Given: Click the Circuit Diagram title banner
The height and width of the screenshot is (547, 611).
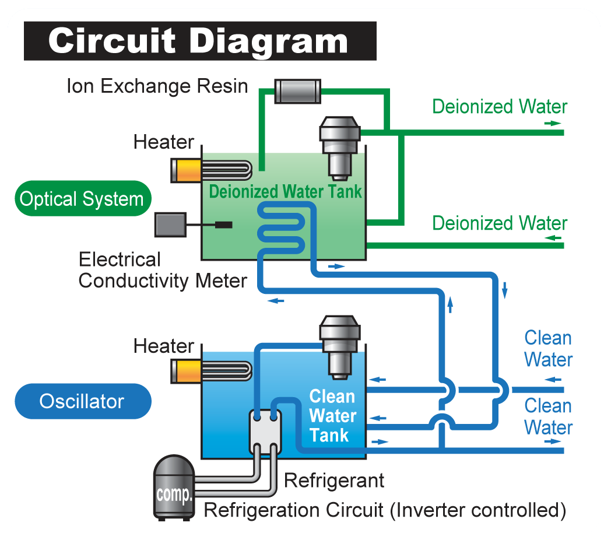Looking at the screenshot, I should click(200, 41).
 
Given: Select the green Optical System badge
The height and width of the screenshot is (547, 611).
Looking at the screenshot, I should click(82, 199).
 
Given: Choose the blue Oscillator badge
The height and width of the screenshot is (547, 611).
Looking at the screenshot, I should click(82, 401).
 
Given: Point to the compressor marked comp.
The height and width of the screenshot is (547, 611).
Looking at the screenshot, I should click(174, 488).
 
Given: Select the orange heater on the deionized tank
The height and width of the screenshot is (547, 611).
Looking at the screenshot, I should click(185, 170).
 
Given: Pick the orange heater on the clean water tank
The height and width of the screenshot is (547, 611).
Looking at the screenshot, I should click(185, 372).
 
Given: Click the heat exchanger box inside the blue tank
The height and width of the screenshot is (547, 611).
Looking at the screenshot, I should click(265, 431).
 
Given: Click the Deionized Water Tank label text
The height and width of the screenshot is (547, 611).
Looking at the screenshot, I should click(286, 191).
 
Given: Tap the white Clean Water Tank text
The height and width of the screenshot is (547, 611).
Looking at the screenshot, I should click(332, 416).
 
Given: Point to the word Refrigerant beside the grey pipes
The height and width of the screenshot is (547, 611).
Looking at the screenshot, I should click(334, 481).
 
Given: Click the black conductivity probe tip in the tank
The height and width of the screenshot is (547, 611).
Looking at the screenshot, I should click(223, 225).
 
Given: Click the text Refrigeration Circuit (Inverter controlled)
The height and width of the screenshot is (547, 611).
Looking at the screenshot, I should click(385, 510).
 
